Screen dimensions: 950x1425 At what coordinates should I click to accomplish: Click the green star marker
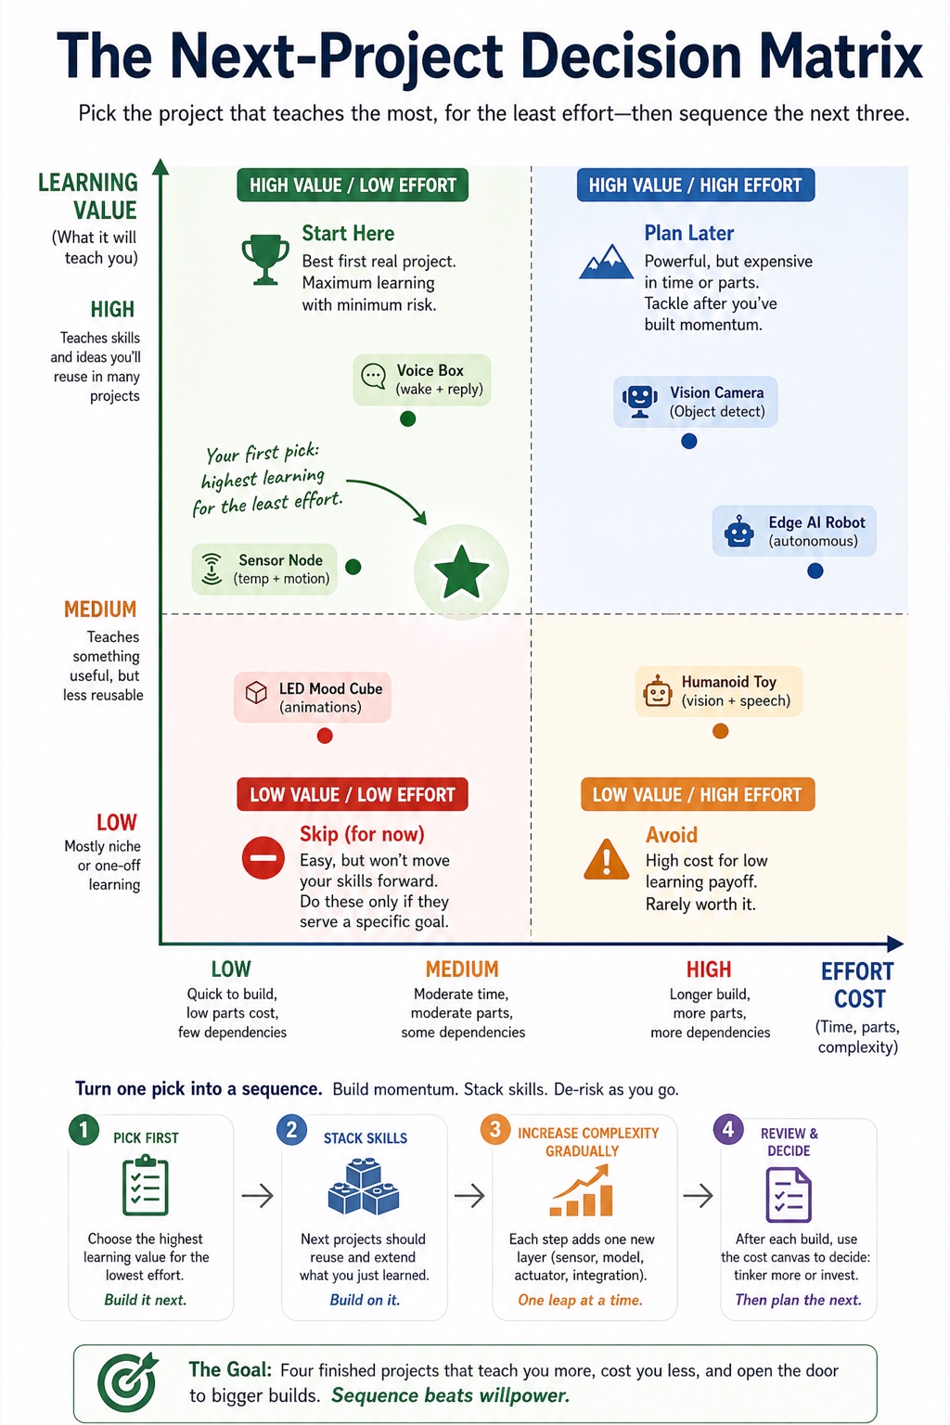coord(461,571)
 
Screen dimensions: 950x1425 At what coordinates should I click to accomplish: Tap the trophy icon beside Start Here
coord(264,260)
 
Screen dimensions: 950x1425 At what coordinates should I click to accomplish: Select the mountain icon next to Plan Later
coord(607,262)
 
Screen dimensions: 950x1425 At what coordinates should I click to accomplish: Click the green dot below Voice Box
coord(408,418)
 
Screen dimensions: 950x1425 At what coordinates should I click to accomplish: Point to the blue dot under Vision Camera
coord(689,441)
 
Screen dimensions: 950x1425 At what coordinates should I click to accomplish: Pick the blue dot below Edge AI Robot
coord(815,571)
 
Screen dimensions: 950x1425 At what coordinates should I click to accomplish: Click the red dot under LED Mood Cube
coord(325,736)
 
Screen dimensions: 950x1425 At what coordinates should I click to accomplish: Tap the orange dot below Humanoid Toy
coord(720,731)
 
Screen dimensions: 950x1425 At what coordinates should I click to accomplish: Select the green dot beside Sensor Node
coord(353,566)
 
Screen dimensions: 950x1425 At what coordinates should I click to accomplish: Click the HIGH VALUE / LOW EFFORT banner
coord(353,186)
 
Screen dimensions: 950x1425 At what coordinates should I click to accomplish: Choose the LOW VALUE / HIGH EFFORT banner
coord(698,794)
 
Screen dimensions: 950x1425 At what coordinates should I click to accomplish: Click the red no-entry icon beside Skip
coord(263,857)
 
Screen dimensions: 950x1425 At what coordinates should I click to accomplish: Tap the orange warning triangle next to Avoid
coord(607,859)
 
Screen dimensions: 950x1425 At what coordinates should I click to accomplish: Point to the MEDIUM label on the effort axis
coord(463,969)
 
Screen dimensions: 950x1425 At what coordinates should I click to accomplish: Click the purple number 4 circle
coord(728,1129)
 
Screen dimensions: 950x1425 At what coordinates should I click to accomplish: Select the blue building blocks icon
coord(364,1187)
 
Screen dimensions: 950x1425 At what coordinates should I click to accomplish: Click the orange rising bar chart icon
coord(582,1190)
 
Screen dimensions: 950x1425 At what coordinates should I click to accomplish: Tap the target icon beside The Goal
coord(128,1381)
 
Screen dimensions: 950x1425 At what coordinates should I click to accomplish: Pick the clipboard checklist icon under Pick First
coord(145,1186)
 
